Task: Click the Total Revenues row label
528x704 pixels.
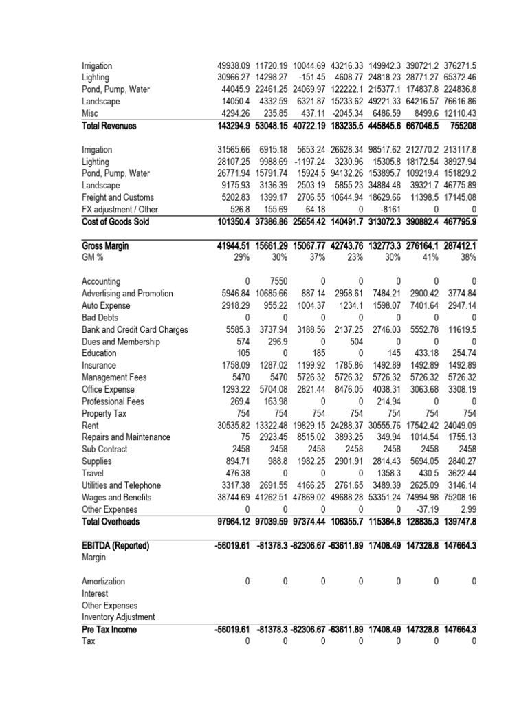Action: click(x=109, y=126)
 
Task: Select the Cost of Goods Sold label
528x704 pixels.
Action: click(x=115, y=222)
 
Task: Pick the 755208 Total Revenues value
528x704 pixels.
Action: click(x=461, y=126)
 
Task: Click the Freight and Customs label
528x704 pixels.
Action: click(x=118, y=198)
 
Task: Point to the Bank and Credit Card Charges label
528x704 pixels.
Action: click(x=135, y=329)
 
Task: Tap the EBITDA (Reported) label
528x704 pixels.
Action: click(x=115, y=545)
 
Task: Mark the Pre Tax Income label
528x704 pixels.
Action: click(x=109, y=629)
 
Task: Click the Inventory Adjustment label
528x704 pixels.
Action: click(x=119, y=617)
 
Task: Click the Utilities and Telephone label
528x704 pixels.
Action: click(x=121, y=485)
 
